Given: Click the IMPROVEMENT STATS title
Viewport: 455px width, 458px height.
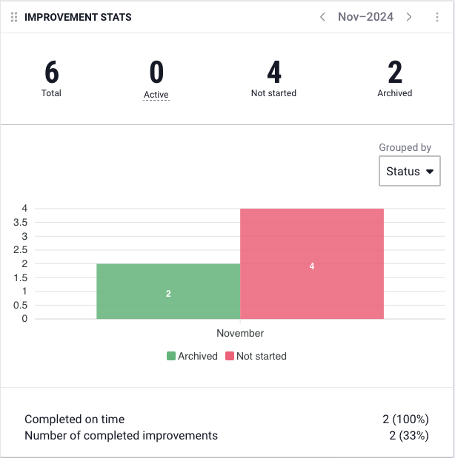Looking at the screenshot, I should pos(78,17).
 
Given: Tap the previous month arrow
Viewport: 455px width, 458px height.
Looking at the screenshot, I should pos(322,17).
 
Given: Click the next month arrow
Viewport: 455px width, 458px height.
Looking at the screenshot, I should pos(409,17).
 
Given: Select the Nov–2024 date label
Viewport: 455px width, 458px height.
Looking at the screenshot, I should pos(365,17).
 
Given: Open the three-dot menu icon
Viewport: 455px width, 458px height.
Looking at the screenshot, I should pos(437,17).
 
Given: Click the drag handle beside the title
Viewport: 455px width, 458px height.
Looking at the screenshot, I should pos(14,17).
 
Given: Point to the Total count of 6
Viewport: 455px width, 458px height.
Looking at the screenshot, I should pos(51,73).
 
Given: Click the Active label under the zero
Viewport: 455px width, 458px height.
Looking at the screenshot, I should pos(156,95).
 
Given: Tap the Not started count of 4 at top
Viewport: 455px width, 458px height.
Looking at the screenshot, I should pos(273,73).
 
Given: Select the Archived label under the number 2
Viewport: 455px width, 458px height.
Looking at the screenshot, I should pos(394,93).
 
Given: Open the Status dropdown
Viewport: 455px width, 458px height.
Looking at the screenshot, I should pos(410,172).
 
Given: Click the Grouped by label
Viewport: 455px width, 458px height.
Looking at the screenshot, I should pos(405,148).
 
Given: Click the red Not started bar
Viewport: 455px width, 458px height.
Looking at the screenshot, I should pos(312,264).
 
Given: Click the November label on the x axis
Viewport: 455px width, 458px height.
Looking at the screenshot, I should pos(240,334).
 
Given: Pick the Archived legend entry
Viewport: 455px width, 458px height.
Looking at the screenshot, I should pos(193,356).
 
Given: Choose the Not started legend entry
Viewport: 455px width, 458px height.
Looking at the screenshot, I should pos(256,356).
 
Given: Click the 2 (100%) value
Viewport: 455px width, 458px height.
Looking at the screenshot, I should pos(405,420).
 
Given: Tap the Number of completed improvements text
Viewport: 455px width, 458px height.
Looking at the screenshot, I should pos(121,436).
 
